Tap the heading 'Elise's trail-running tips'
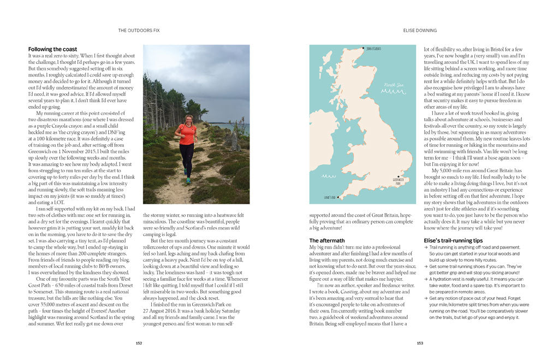tap(453, 240)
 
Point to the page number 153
tap(419, 343)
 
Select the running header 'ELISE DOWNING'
tap(419, 31)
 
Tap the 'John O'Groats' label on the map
tap(373, 49)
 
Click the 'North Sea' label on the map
tap(393, 85)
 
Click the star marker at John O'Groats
tap(364, 49)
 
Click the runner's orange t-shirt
tap(187, 134)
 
